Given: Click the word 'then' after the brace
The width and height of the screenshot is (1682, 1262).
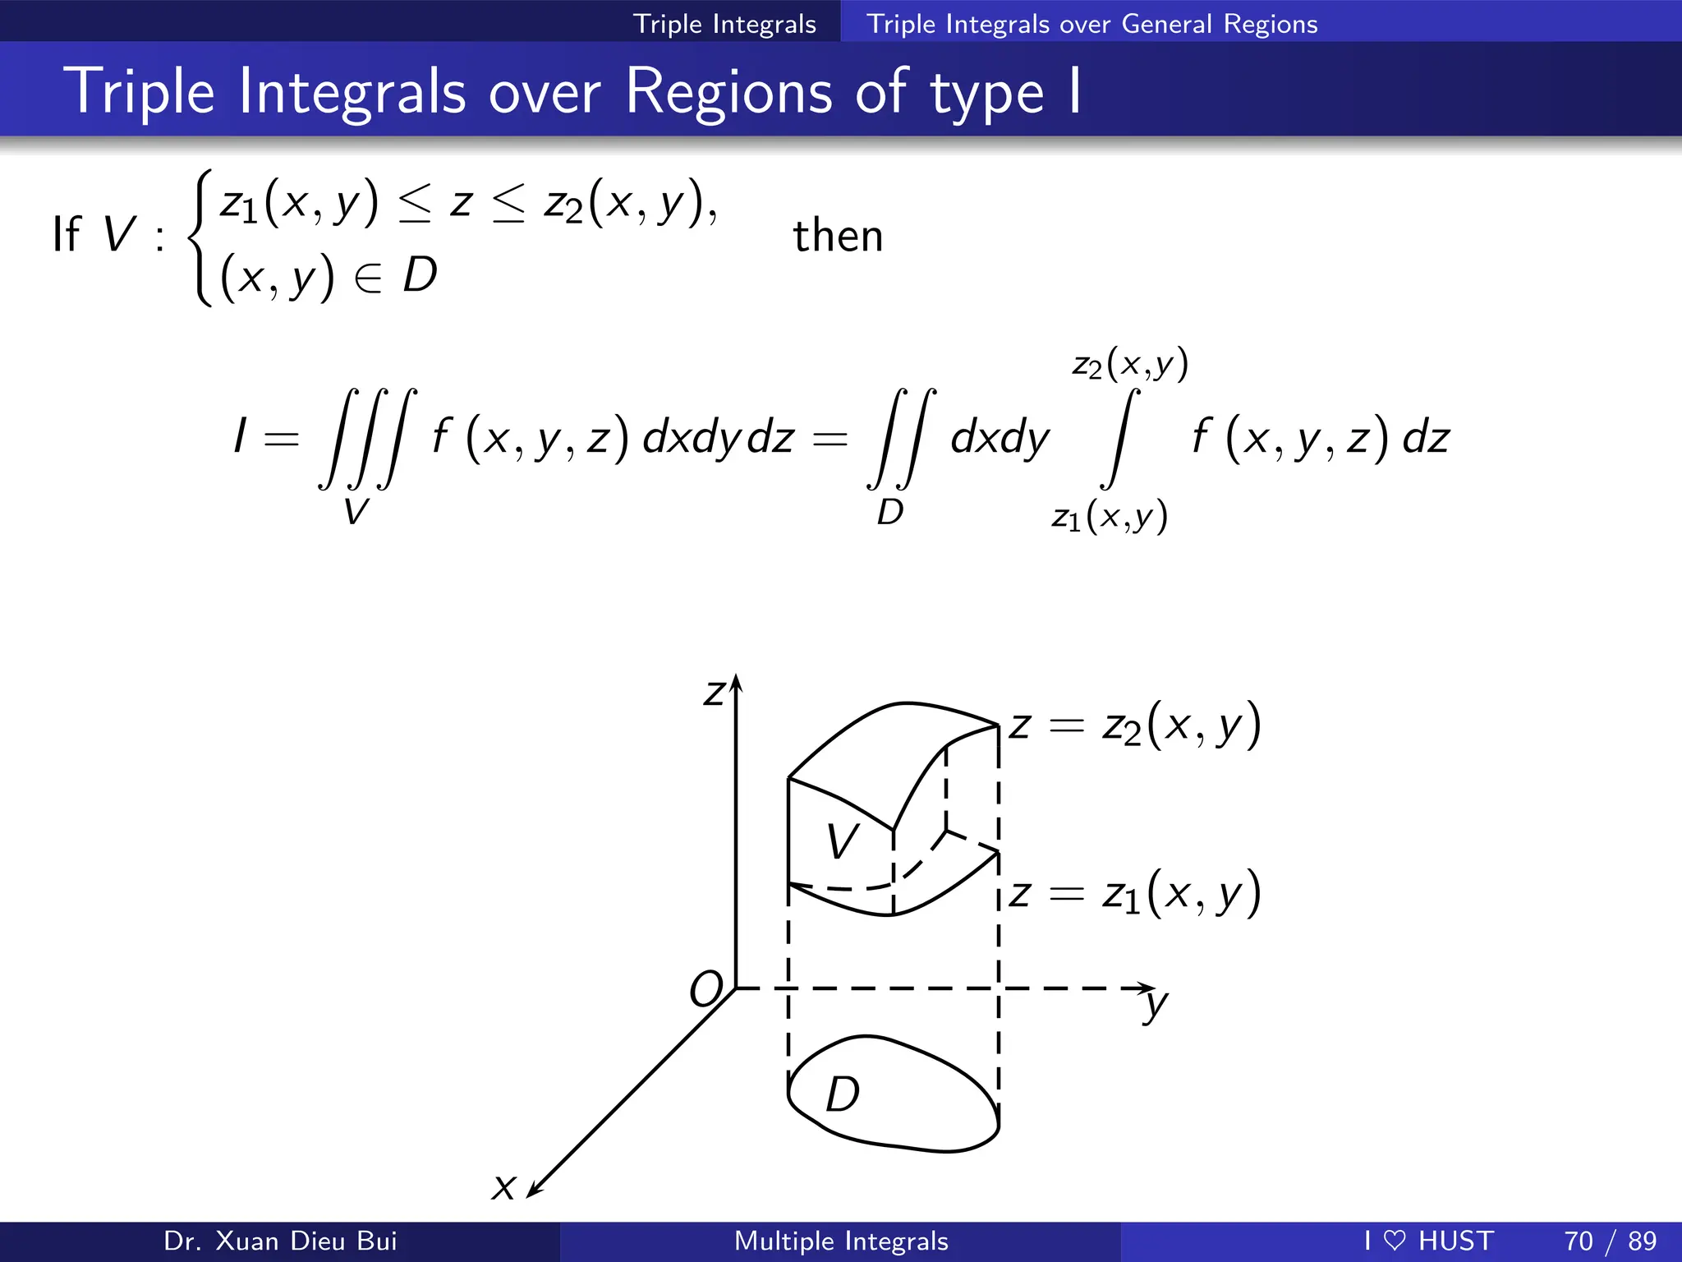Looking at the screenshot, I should point(838,236).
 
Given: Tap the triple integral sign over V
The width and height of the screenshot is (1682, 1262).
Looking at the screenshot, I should point(368,438).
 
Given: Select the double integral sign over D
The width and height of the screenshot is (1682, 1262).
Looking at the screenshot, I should point(902,438).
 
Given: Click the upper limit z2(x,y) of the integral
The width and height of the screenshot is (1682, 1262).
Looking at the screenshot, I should point(1130,364).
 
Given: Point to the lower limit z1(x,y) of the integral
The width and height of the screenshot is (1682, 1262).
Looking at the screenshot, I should point(1110,517).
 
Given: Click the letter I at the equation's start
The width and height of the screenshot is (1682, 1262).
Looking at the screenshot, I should point(240,435).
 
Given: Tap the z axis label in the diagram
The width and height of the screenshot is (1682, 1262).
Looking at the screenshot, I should point(714,693).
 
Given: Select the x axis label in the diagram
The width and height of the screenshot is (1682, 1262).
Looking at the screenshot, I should point(503,1186).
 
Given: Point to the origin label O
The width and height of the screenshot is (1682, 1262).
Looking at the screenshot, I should point(705,989).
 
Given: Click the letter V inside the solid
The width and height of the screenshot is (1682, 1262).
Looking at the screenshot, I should point(843,841).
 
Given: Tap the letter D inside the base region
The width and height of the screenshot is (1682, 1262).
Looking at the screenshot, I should point(843,1094).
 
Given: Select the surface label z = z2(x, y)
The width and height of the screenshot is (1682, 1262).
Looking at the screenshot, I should point(1135,725).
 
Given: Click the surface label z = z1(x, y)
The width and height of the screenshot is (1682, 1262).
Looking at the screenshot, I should point(1135,893).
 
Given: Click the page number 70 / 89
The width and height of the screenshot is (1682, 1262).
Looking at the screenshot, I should point(1610,1241).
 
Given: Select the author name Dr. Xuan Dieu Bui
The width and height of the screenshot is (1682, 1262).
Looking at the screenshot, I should point(280,1241).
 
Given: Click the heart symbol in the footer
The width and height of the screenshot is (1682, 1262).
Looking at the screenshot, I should point(1395,1241).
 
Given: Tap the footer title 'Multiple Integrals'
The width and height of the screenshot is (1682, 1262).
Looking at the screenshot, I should point(841,1241).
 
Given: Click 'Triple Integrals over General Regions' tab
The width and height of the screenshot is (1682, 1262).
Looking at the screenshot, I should point(1091,24).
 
